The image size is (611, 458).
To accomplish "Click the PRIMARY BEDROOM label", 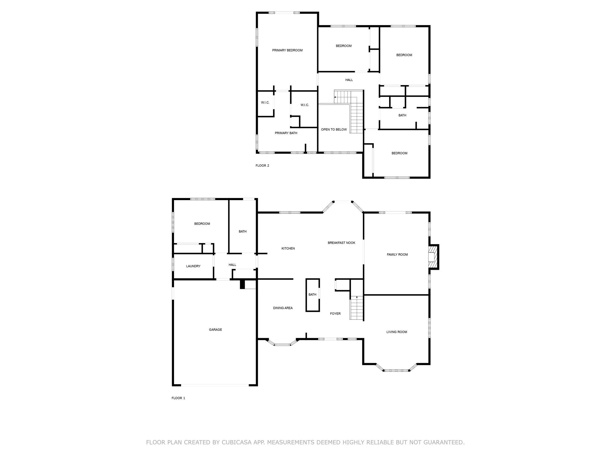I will (287, 50).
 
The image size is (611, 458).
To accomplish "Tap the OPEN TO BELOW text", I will (334, 130).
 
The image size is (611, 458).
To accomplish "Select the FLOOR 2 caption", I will (262, 166).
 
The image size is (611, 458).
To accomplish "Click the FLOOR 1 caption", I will (178, 398).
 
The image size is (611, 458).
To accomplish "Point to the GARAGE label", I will (215, 330).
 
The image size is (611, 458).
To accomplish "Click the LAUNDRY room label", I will (193, 266).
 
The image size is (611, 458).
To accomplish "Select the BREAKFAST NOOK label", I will (341, 243).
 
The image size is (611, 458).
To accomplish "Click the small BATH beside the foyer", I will (312, 295).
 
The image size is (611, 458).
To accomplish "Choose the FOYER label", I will (335, 314).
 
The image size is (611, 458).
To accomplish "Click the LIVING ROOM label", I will (396, 332).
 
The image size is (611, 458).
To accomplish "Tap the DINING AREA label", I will (283, 308).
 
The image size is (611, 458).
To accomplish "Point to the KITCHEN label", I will (288, 249).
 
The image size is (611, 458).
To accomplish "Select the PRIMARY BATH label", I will (286, 133).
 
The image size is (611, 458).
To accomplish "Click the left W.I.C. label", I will (265, 103).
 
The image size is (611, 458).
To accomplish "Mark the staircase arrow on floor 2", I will (335, 97).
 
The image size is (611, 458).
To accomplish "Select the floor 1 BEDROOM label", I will (202, 224).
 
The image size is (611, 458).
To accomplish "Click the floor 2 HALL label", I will (349, 80).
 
